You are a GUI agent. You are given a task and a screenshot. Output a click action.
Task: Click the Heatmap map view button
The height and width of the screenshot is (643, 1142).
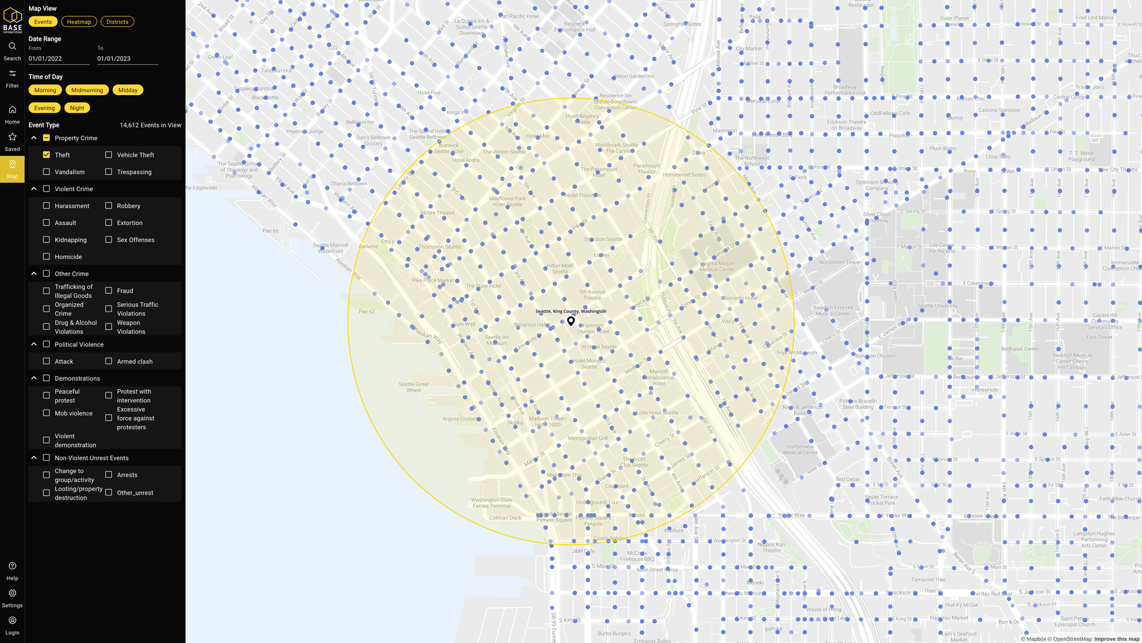(79, 22)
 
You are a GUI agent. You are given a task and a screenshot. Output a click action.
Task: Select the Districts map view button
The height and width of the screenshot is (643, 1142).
(117, 22)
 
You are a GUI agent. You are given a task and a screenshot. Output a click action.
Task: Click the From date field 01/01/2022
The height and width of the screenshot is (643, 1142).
(58, 58)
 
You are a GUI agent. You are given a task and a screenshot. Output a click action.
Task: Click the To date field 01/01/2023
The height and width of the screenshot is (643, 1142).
(127, 58)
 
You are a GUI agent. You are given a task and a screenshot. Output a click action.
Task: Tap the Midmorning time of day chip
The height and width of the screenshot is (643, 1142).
(87, 90)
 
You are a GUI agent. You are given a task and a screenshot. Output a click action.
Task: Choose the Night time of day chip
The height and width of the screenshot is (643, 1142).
(77, 108)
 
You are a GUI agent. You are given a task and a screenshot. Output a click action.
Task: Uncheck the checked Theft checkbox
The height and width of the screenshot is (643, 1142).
(47, 155)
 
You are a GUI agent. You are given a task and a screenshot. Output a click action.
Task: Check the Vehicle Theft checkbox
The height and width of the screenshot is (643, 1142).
(109, 155)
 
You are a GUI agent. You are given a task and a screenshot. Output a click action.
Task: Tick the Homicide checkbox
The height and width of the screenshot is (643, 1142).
(47, 257)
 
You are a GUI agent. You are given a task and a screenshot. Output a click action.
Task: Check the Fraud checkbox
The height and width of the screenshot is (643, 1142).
(109, 291)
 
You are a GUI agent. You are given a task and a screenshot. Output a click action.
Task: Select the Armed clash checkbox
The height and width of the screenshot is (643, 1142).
(109, 361)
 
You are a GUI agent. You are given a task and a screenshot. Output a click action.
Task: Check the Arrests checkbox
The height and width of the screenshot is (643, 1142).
(109, 474)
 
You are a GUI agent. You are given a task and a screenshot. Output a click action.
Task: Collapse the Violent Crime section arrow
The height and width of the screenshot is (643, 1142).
(34, 189)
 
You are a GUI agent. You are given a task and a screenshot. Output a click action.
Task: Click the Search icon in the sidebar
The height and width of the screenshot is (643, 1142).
(12, 47)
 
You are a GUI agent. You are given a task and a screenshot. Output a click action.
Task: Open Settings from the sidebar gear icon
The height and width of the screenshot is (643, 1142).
(12, 593)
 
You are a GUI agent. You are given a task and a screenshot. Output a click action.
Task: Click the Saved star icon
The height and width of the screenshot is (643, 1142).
(12, 137)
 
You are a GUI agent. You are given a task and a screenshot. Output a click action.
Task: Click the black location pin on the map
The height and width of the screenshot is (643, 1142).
(571, 321)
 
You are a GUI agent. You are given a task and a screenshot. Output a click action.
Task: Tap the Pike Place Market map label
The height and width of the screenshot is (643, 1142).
(433, 280)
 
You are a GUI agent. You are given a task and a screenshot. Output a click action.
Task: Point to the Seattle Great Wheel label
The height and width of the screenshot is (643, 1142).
(414, 387)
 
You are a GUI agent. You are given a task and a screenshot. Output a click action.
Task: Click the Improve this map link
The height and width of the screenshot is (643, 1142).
(1116, 638)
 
